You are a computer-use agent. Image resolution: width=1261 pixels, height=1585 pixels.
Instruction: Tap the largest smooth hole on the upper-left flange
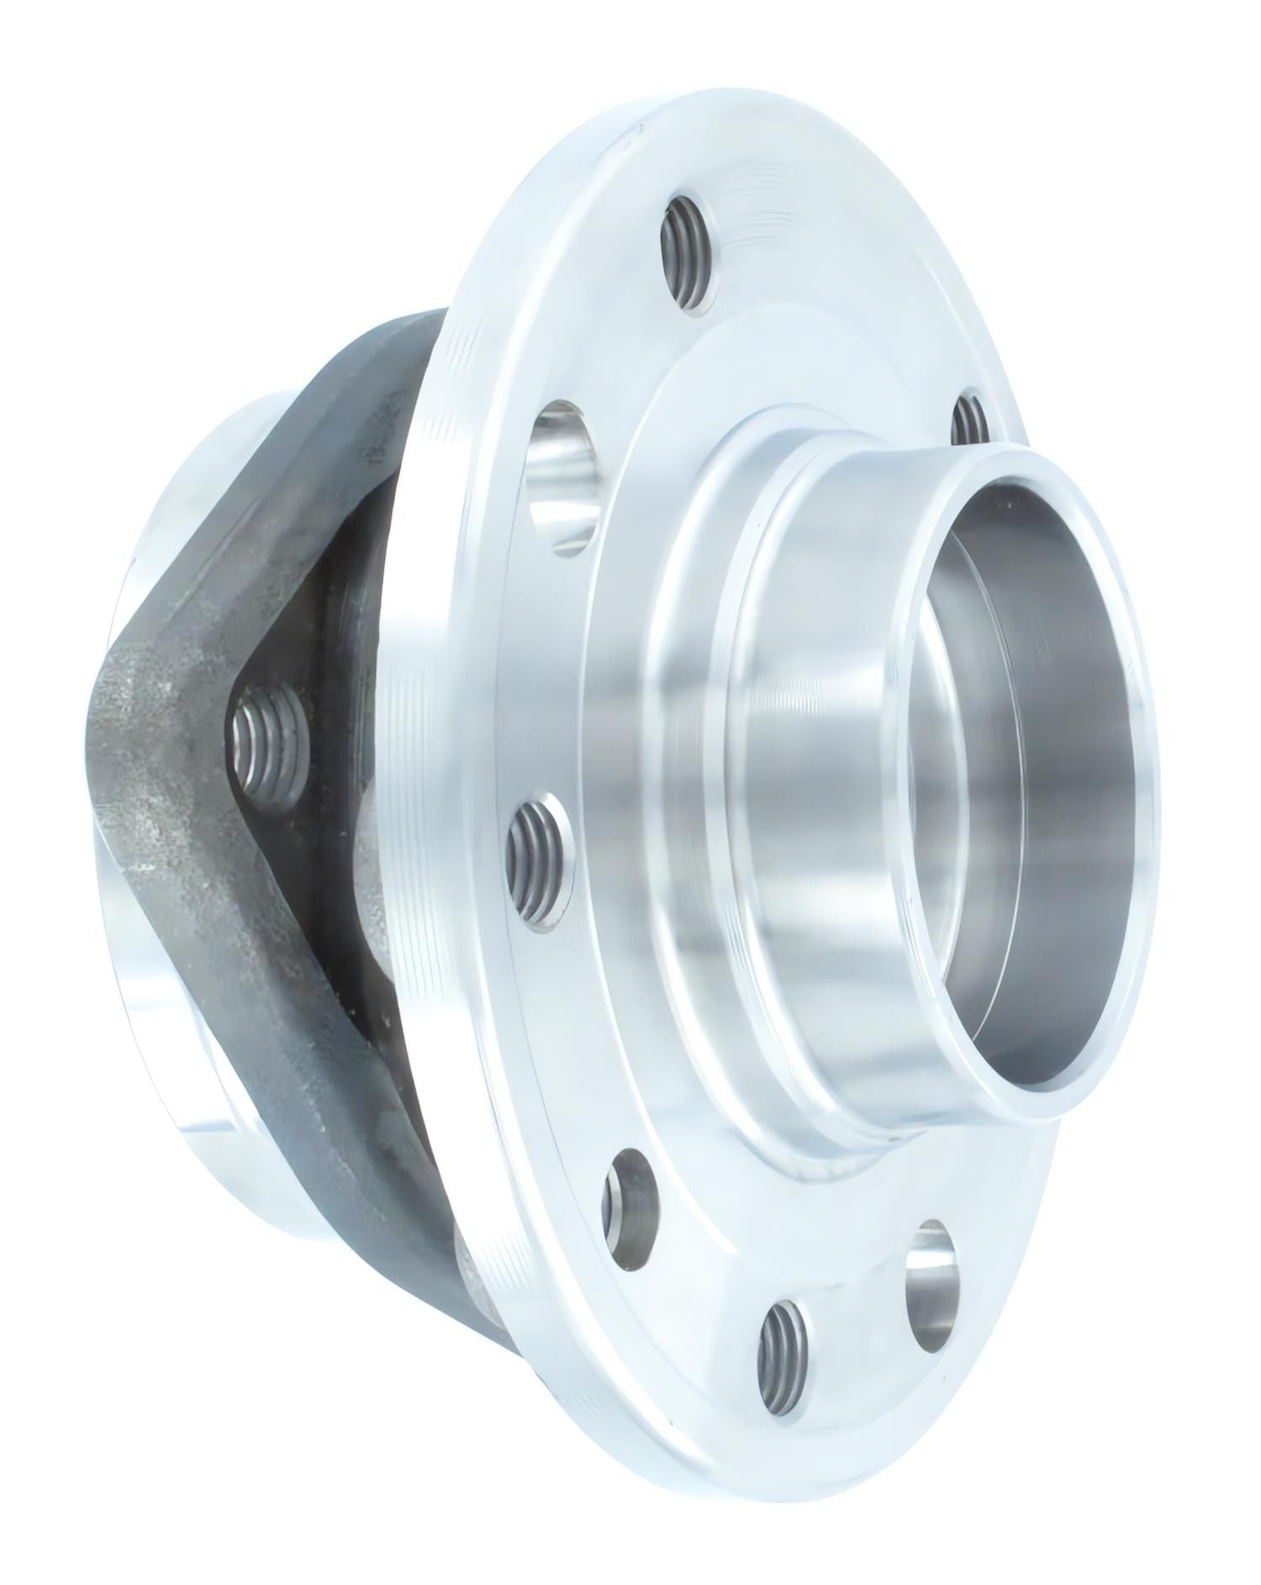[x=562, y=478]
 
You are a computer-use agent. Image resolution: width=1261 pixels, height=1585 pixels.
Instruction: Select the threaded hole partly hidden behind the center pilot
[x=972, y=418]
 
